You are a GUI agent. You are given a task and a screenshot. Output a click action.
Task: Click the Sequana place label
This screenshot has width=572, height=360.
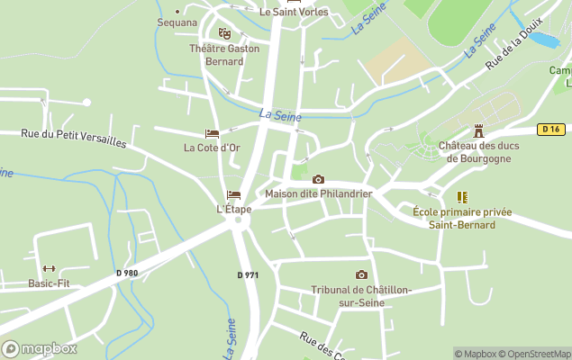coord(177,22)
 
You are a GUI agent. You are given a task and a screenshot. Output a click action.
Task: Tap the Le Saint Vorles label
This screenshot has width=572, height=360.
coord(294,12)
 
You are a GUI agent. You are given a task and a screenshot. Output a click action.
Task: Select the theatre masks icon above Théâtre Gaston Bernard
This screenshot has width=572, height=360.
coord(224,33)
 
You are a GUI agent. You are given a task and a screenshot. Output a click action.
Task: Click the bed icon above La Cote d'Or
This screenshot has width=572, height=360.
coord(212,134)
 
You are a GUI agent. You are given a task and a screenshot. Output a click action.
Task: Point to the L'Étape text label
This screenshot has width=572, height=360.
coord(234,209)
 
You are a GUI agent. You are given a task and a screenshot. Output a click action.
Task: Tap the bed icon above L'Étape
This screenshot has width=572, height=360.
coord(234,194)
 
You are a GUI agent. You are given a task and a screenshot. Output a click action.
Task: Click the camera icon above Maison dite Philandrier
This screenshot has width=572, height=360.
coord(318,179)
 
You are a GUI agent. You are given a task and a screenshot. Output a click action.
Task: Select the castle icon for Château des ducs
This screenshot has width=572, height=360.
coord(479,130)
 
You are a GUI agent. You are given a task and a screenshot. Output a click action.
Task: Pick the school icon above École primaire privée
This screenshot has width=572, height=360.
coord(462,196)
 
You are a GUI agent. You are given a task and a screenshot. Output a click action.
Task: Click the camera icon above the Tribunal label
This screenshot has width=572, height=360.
coord(361,274)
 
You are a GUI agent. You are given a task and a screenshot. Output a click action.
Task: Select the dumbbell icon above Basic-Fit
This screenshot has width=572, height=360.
coord(49,268)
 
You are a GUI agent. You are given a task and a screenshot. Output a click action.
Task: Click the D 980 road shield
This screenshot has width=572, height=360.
coord(127,273)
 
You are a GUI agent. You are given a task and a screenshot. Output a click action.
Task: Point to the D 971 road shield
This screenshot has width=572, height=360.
coord(248,274)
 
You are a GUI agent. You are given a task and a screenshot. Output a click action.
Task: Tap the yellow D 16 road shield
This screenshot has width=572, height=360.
coord(551,130)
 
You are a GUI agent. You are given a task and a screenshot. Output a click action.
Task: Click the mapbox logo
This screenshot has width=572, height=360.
coord(40,348)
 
